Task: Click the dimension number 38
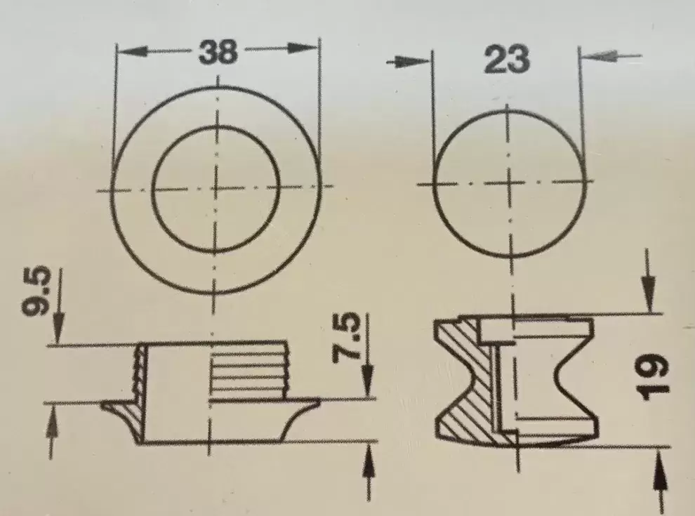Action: pyautogui.click(x=218, y=53)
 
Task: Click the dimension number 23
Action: pyautogui.click(x=507, y=59)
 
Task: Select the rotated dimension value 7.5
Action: pyautogui.click(x=345, y=336)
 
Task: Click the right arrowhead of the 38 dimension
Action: pyautogui.click(x=303, y=48)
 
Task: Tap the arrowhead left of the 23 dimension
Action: pyautogui.click(x=409, y=62)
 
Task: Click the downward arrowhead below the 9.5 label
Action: pyautogui.click(x=58, y=328)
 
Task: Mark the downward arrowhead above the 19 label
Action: pyautogui.click(x=649, y=296)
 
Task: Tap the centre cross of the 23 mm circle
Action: pyautogui.click(x=509, y=183)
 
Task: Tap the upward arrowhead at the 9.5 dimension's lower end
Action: pyautogui.click(x=51, y=419)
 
